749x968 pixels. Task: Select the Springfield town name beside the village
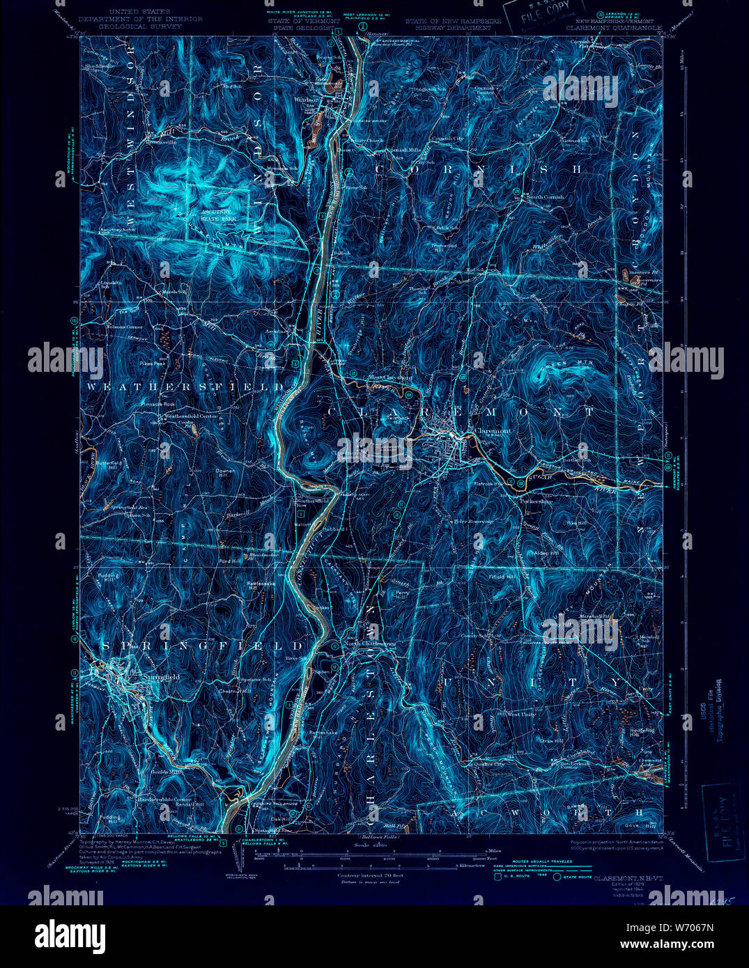point(162,676)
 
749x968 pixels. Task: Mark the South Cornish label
point(545,197)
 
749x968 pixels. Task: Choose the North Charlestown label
point(371,644)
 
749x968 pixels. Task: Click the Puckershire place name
point(536,501)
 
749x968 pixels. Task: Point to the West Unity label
point(521,714)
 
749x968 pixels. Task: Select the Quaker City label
point(488,763)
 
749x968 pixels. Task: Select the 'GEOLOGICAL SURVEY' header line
point(140,26)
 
